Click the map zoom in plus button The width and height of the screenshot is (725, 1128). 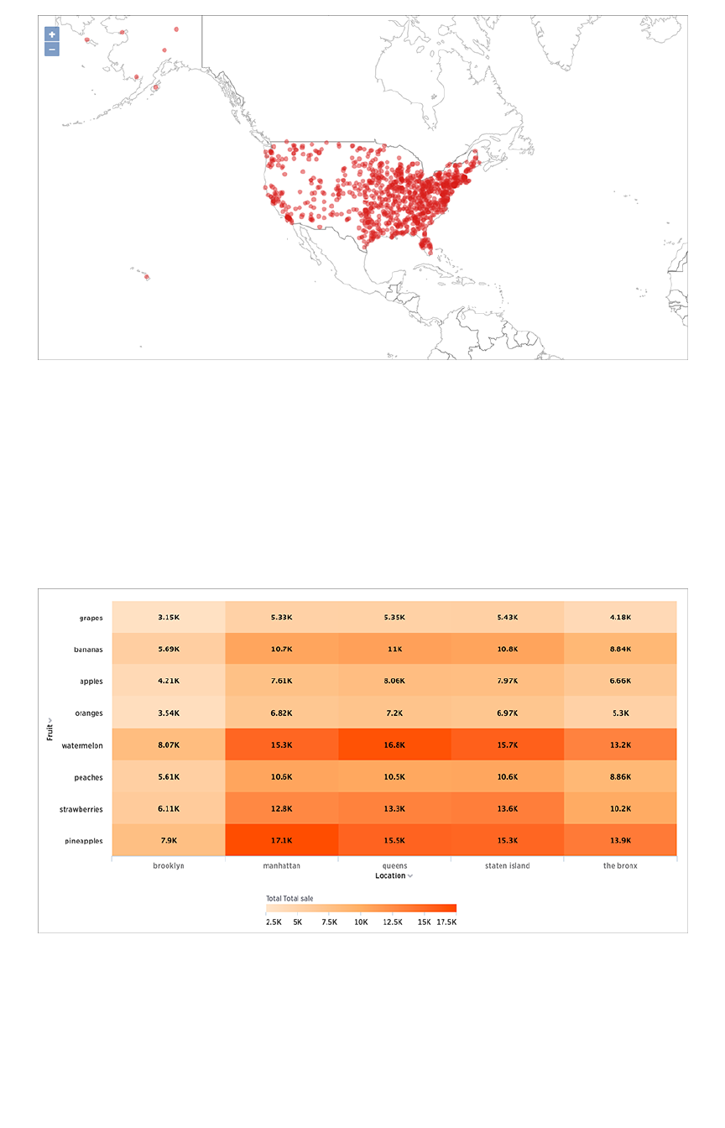pos(52,34)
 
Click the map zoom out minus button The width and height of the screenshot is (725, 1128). pos(52,50)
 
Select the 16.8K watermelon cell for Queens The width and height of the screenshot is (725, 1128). pos(394,745)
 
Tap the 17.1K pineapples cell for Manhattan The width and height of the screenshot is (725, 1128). pos(282,841)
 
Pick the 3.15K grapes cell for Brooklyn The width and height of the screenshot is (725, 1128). pos(170,618)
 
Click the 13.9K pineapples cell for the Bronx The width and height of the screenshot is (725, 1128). pos(620,841)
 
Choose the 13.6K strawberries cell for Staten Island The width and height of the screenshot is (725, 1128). pos(507,809)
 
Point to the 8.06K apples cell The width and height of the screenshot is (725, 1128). pos(394,681)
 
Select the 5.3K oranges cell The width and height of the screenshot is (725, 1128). pos(620,713)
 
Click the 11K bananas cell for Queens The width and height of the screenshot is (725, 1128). pos(394,650)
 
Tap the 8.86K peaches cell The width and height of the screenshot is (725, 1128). pos(620,777)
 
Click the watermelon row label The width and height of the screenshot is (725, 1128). pos(82,745)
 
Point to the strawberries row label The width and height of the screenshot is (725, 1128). pos(81,809)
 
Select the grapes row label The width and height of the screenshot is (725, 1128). pos(90,618)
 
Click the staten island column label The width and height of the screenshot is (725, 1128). pos(507,866)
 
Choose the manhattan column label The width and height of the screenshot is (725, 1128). pos(282,866)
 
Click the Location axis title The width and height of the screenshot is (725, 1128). pos(390,876)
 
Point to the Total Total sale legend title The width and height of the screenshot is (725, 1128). pos(289,899)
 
